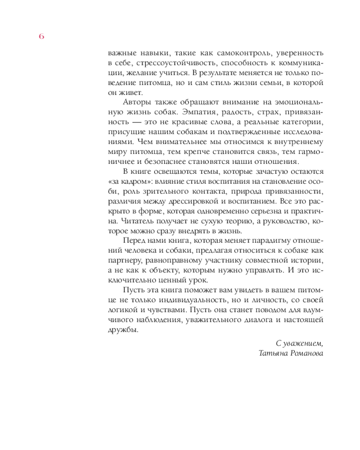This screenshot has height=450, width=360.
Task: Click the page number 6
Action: click(41, 37)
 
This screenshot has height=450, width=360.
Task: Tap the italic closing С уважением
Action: click(299, 343)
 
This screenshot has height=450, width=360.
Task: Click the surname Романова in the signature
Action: click(307, 353)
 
